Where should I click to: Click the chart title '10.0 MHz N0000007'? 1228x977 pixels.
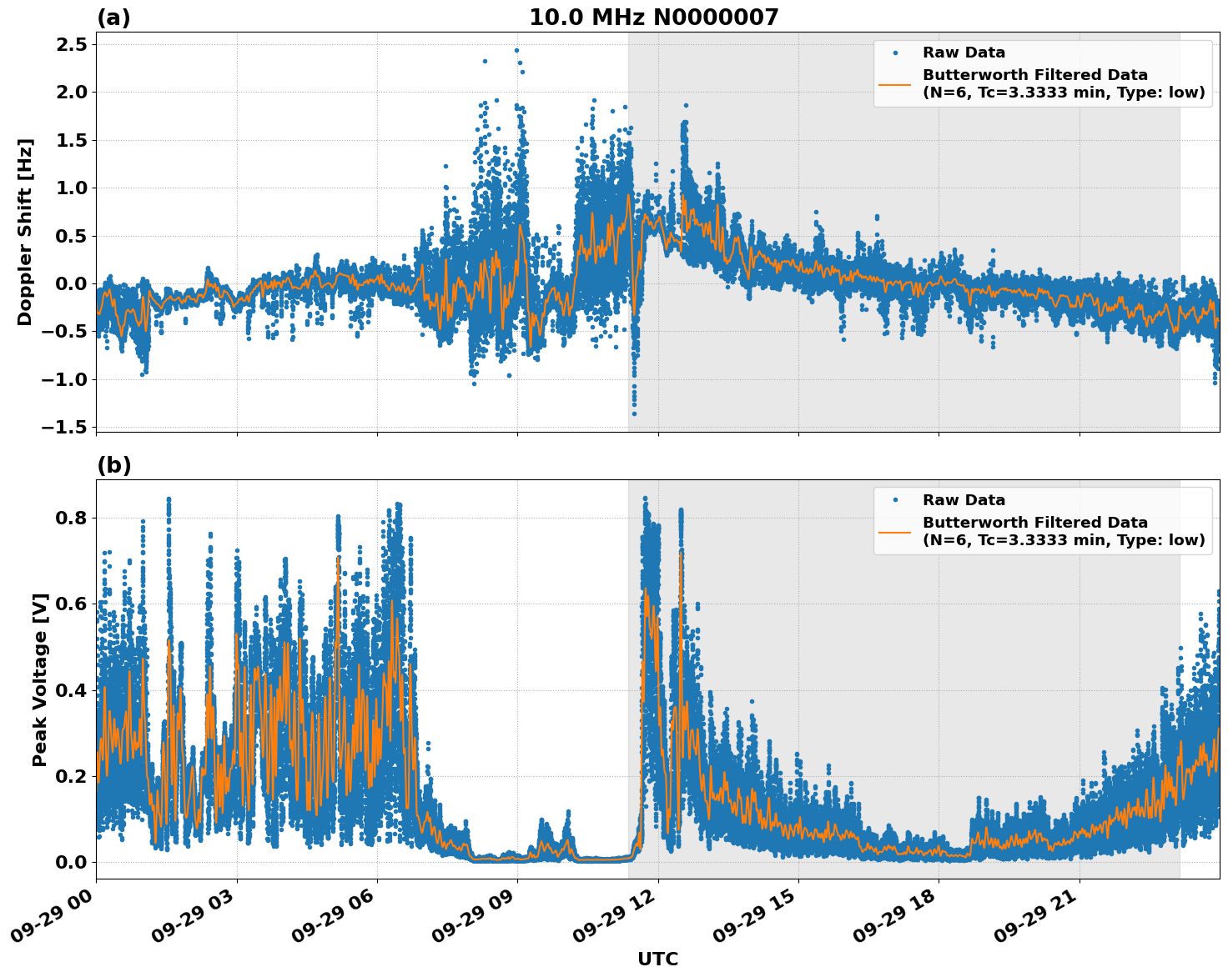pyautogui.click(x=653, y=18)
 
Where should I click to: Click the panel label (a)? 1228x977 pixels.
pyautogui.click(x=113, y=18)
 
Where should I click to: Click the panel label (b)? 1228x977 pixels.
pyautogui.click(x=113, y=465)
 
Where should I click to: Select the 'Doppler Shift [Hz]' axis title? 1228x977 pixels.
pyautogui.click(x=25, y=232)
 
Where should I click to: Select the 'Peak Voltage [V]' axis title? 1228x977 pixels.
pyautogui.click(x=40, y=679)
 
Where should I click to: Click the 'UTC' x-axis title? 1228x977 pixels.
pyautogui.click(x=657, y=959)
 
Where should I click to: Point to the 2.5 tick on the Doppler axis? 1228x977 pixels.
pyautogui.click(x=70, y=44)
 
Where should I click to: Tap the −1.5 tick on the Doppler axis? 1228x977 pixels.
pyautogui.click(x=65, y=428)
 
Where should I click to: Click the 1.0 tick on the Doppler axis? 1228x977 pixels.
pyautogui.click(x=70, y=188)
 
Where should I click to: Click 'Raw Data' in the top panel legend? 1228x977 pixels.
pyautogui.click(x=964, y=53)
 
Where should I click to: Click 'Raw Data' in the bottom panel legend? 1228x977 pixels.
pyautogui.click(x=964, y=500)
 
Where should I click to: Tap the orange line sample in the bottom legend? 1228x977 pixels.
pyautogui.click(x=894, y=532)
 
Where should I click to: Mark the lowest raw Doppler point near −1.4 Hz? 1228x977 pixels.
pyautogui.click(x=634, y=413)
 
